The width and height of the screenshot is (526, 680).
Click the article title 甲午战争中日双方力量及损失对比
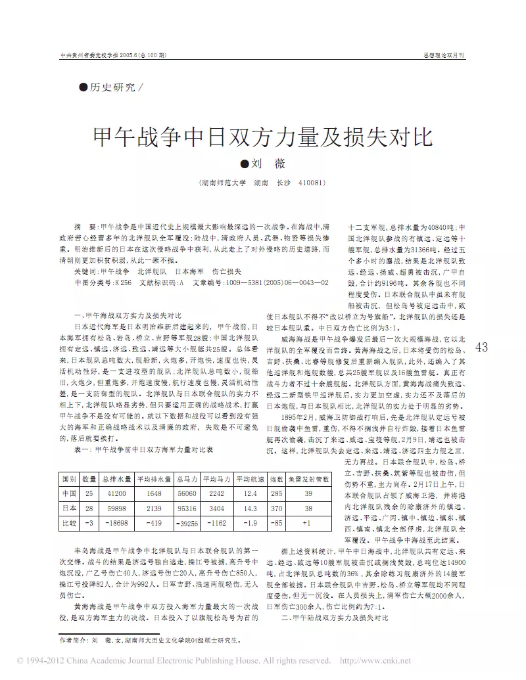pos(262,137)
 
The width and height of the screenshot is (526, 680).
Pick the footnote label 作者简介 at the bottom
pos(72,639)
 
